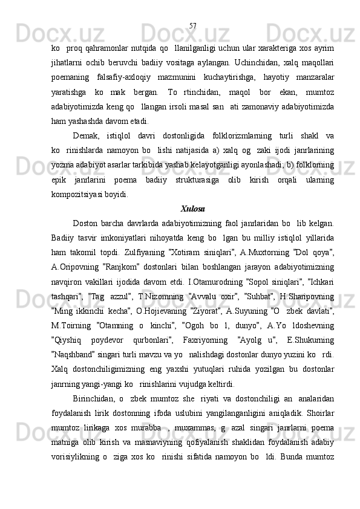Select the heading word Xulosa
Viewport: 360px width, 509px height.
(x=192, y=210)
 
